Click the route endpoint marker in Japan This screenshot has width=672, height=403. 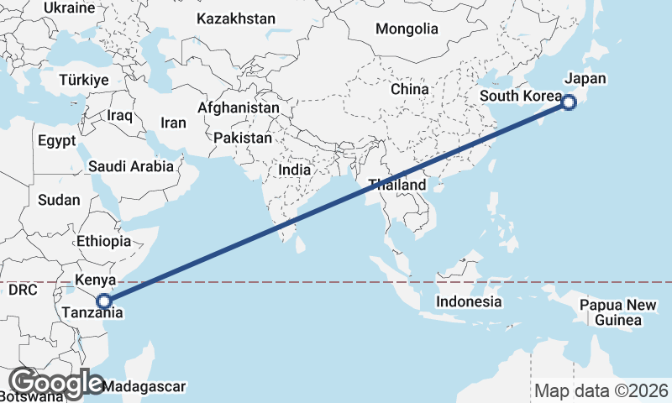[x=569, y=103]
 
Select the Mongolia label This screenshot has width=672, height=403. [x=407, y=29]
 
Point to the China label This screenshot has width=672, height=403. [x=410, y=89]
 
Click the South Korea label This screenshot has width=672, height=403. [x=520, y=97]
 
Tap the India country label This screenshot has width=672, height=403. [x=294, y=170]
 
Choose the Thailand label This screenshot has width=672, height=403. [x=396, y=185]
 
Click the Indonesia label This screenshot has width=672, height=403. [x=469, y=301]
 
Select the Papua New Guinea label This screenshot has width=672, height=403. [x=617, y=311]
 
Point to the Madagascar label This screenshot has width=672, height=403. [x=144, y=387]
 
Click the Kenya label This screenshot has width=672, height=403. [x=95, y=280]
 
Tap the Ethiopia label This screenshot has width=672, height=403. [x=103, y=241]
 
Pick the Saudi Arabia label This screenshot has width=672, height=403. [x=130, y=166]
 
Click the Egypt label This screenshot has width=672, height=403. [x=56, y=140]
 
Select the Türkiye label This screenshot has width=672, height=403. [x=84, y=80]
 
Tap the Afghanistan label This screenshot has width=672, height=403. [x=239, y=108]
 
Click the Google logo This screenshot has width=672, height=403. [x=55, y=383]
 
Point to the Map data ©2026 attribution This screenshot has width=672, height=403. [x=601, y=390]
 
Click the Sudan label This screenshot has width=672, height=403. [x=59, y=200]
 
